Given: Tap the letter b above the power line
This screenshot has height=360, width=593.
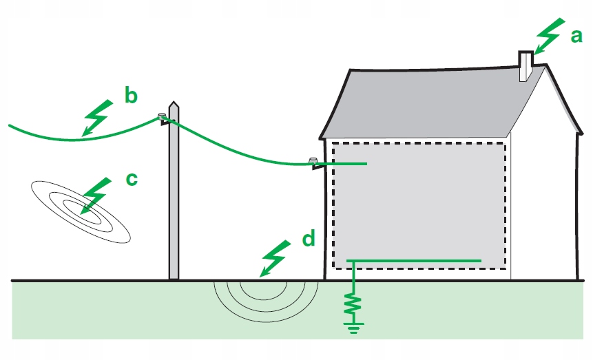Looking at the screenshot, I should coord(131,95).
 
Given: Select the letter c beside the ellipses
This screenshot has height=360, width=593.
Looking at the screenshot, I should coord(131,180).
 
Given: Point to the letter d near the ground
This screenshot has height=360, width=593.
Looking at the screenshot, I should coord(308,240).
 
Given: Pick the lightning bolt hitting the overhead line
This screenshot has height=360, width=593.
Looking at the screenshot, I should coord(97,117).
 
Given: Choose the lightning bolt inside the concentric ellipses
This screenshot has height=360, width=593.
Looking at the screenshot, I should coord(96,195).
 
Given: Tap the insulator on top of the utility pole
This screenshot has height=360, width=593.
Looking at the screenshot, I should coord(163,117).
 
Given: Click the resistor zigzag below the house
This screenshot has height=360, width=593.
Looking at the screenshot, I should coord(354,304).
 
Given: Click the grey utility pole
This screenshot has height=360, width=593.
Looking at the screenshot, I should coord(174,207).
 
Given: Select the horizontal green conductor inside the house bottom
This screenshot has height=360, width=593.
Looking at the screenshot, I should coord(413,260).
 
